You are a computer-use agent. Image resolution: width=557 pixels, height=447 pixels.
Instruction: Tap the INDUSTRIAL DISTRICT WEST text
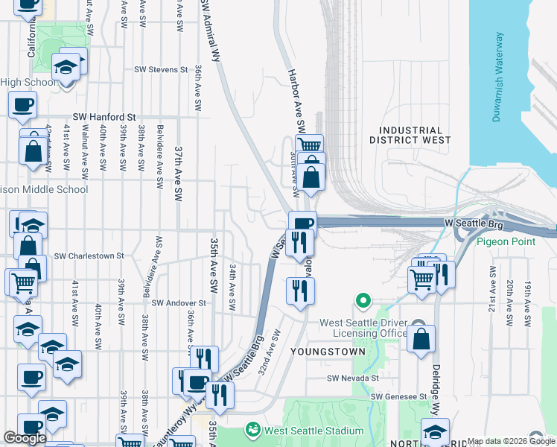(x=410, y=135)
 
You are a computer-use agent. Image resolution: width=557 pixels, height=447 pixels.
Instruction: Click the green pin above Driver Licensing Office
(x=363, y=301)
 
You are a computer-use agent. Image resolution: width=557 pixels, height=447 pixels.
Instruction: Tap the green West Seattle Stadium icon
(x=253, y=430)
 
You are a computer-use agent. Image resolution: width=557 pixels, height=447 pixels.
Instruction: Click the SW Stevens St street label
(x=161, y=69)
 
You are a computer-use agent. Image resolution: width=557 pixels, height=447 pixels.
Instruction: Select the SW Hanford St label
(x=104, y=117)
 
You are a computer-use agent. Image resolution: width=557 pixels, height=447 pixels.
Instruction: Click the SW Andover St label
(x=178, y=303)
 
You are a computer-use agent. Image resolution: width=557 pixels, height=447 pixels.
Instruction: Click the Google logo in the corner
(x=25, y=438)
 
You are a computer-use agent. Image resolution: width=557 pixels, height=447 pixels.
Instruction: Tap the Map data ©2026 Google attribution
(x=511, y=441)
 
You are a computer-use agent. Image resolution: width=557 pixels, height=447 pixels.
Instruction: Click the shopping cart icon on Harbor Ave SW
(x=309, y=145)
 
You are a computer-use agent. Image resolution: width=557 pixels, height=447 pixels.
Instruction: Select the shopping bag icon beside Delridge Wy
(x=421, y=337)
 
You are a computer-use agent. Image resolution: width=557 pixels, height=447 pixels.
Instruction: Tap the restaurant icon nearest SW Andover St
(x=300, y=289)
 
